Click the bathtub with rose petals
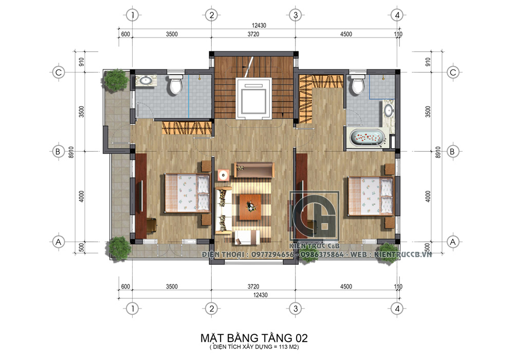click(x=367, y=138)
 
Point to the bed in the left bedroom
click(x=187, y=193)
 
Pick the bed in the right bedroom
click(x=371, y=196)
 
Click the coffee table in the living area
click(x=250, y=207)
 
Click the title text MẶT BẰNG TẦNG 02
click(x=254, y=338)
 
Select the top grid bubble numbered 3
click(x=296, y=15)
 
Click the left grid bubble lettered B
click(x=59, y=152)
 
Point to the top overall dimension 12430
click(x=259, y=25)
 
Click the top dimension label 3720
click(x=253, y=34)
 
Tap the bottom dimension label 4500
click(x=346, y=286)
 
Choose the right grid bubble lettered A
click(x=453, y=242)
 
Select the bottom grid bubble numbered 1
click(x=133, y=309)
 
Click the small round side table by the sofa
click(x=224, y=175)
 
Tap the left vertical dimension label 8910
click(x=71, y=152)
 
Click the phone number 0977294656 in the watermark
click(x=272, y=255)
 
